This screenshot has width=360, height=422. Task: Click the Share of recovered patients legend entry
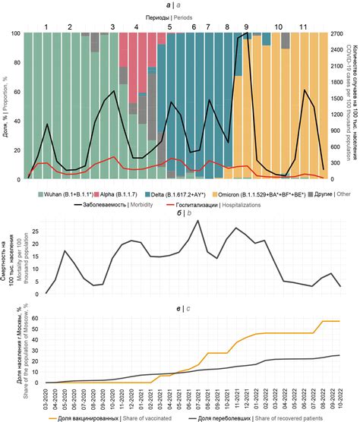pyautogui.click(x=262, y=417)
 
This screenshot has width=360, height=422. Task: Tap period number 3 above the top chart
pyautogui.click(x=113, y=27)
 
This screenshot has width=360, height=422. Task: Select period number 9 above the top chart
pyautogui.click(x=246, y=27)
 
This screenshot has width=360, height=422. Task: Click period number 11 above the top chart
pyautogui.click(x=304, y=27)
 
